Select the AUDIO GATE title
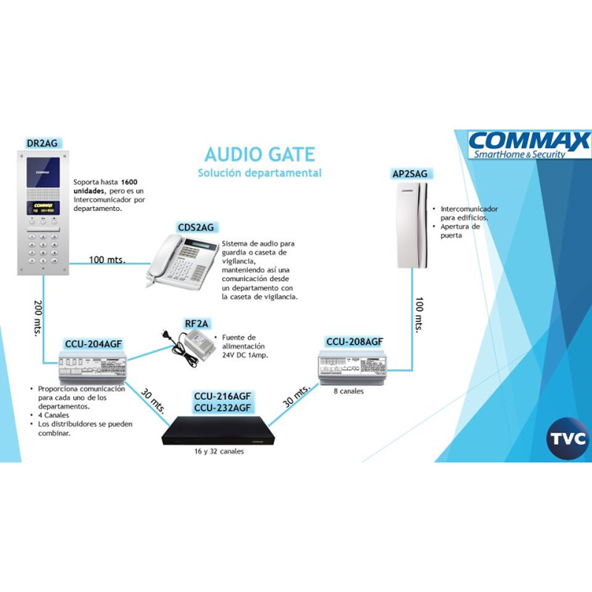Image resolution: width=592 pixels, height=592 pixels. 259,155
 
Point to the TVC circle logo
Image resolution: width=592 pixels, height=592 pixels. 568,438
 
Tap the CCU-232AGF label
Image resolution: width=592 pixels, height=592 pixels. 222,408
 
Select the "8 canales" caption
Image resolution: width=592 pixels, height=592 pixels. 349,391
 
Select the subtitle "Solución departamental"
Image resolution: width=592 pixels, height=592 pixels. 259,173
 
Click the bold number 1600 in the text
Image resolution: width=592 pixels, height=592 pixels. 129,181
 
